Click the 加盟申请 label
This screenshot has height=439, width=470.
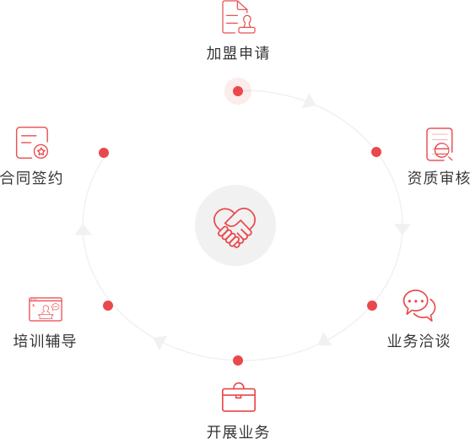(x=238, y=53)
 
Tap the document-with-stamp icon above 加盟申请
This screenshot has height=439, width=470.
(x=239, y=17)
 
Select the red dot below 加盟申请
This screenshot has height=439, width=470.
(x=238, y=91)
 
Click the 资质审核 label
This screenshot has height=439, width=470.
(x=439, y=178)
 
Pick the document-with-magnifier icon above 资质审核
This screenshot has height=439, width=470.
(x=440, y=144)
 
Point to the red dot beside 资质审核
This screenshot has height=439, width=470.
(x=376, y=152)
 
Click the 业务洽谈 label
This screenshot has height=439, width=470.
(x=419, y=341)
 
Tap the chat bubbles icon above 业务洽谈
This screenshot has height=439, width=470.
(x=419, y=306)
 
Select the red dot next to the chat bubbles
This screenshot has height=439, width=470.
(x=372, y=306)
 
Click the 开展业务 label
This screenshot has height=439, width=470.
(x=238, y=432)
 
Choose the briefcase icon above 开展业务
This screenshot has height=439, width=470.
(x=239, y=398)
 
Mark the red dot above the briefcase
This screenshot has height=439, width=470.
(x=238, y=360)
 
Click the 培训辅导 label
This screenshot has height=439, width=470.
(x=45, y=341)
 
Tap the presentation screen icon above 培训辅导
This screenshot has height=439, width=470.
(x=46, y=309)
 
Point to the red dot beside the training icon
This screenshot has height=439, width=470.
(x=108, y=306)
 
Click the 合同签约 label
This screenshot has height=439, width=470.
(x=31, y=178)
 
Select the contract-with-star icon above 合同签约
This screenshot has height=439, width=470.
(x=32, y=143)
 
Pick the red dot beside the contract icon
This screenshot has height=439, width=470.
(x=104, y=153)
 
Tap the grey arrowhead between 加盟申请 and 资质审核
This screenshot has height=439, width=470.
(x=310, y=101)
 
